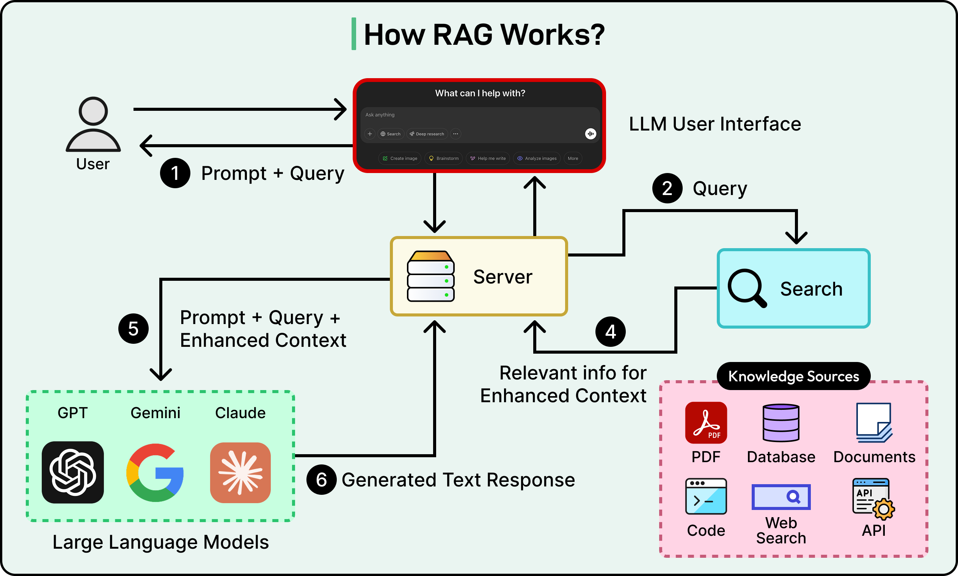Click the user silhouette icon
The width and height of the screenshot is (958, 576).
click(x=93, y=124)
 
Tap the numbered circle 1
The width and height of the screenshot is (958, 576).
click(x=175, y=173)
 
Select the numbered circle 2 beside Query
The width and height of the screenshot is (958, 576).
click(x=667, y=188)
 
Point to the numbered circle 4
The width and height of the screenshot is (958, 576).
click(x=611, y=332)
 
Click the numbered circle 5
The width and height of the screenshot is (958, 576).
click(x=133, y=329)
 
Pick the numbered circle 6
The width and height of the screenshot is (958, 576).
click(x=321, y=480)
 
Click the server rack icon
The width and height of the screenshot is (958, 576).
click(x=430, y=276)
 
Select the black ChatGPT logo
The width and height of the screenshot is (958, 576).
click(x=72, y=472)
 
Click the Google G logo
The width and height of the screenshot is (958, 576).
click(x=155, y=472)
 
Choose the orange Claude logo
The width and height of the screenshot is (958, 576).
click(x=240, y=472)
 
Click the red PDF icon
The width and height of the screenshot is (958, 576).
click(x=706, y=423)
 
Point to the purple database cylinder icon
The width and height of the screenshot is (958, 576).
click(x=781, y=423)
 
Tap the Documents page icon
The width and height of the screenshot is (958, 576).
click(x=874, y=423)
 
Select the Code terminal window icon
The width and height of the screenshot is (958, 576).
click(x=706, y=496)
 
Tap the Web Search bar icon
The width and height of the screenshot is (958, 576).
click(x=781, y=497)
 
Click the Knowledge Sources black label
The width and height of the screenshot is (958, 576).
click(x=793, y=376)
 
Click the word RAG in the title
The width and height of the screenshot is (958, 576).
click(x=463, y=35)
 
